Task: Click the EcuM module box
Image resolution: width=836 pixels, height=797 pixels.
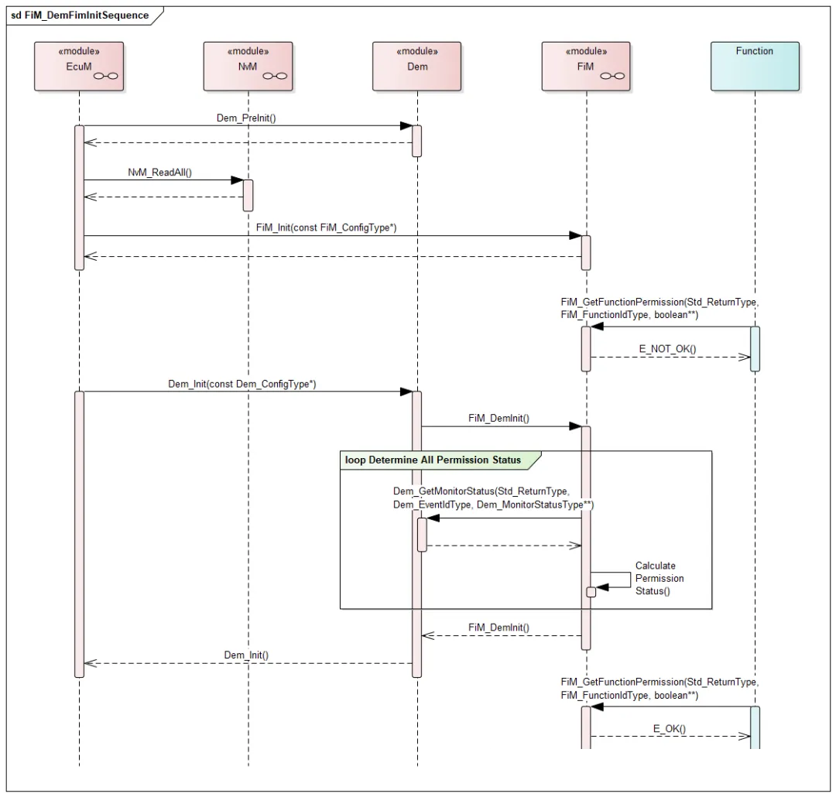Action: pos(79,65)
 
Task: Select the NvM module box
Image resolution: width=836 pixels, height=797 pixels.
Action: pos(248,65)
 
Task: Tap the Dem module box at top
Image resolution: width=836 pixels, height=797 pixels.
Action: pos(416,65)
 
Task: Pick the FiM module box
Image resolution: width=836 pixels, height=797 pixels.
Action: pos(585,65)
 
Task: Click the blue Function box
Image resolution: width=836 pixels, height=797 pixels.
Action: pos(754,65)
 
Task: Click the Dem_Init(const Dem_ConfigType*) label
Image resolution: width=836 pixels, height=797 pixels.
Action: pos(242,383)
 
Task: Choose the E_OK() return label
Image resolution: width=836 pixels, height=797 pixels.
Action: pos(670,728)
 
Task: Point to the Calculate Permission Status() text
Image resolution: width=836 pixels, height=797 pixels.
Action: pos(659,578)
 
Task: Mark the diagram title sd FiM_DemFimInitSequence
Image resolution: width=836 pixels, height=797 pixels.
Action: pos(80,15)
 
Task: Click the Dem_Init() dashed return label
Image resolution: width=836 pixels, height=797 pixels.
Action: pos(246,655)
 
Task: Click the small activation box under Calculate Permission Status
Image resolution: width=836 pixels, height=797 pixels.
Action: pos(591,592)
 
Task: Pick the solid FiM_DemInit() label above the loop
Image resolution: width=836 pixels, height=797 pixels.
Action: pos(499,417)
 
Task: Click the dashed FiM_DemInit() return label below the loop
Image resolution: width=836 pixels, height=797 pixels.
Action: pos(499,628)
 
